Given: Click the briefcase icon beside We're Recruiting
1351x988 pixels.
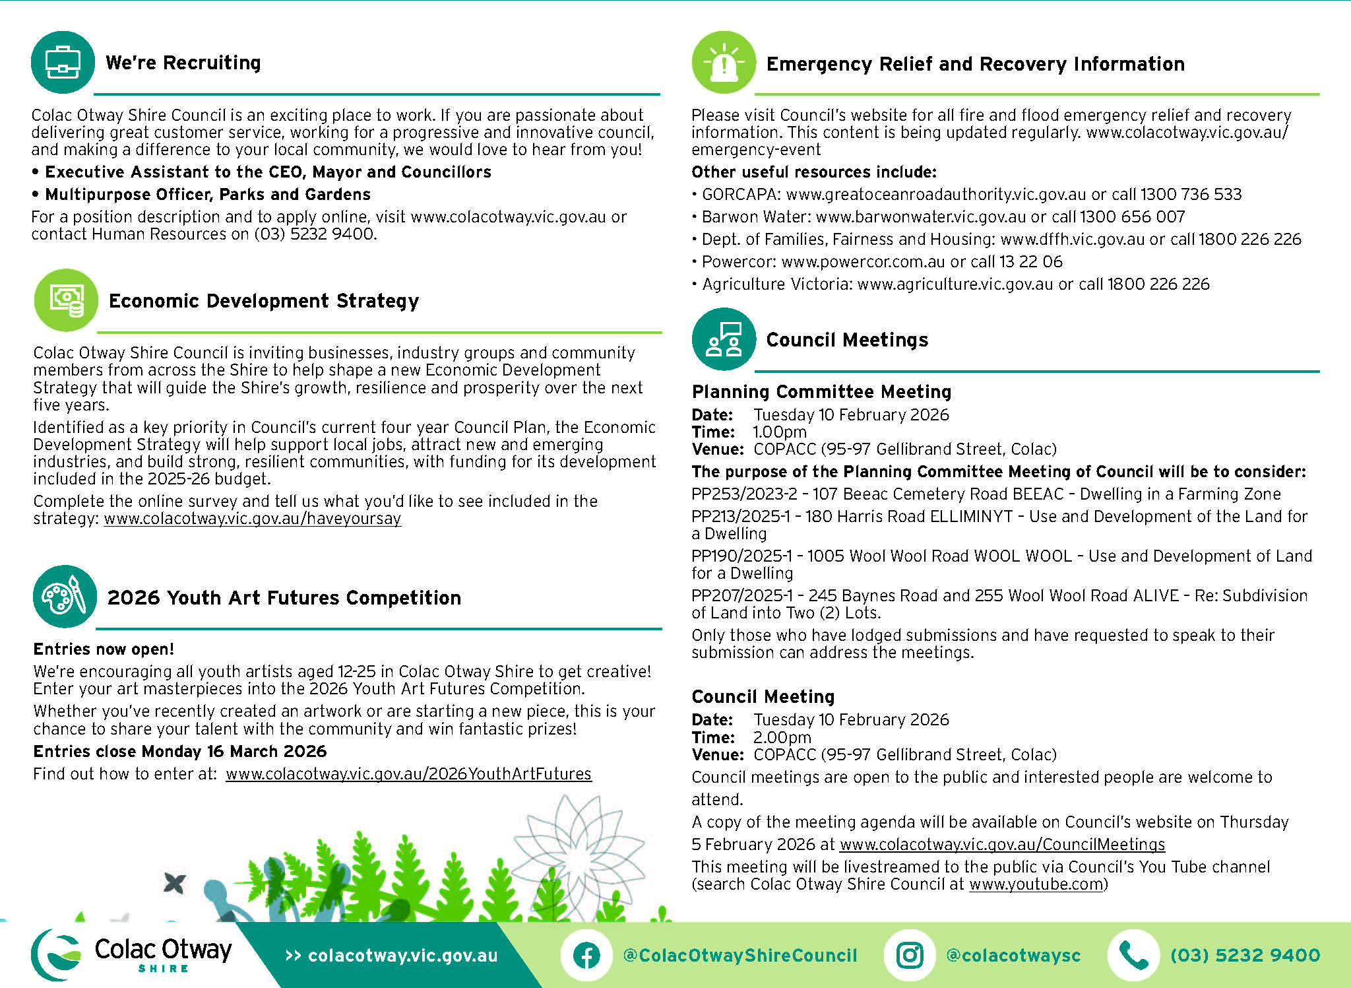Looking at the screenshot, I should pyautogui.click(x=63, y=62).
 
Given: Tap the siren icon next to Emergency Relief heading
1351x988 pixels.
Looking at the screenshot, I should pyautogui.click(x=724, y=63).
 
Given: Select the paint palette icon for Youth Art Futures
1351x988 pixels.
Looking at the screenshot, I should pyautogui.click(x=65, y=597).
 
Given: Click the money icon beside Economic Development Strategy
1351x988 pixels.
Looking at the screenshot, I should pyautogui.click(x=66, y=300).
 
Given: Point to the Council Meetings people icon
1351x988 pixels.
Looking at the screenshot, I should pyautogui.click(x=724, y=339).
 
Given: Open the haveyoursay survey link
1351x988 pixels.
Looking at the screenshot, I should pyautogui.click(x=253, y=519).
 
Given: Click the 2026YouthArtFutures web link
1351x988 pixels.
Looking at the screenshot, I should pyautogui.click(x=408, y=774).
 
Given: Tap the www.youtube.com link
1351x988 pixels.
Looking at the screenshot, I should pyautogui.click(x=1036, y=884).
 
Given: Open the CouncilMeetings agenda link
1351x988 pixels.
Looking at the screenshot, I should pyautogui.click(x=1002, y=845).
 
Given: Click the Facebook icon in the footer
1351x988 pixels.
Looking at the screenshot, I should pyautogui.click(x=586, y=955).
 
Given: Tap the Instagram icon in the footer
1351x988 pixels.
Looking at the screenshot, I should pyautogui.click(x=910, y=955).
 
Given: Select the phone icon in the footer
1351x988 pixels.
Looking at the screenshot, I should pyautogui.click(x=1133, y=955).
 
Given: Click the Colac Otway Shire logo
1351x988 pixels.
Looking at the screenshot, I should pyautogui.click(x=132, y=954).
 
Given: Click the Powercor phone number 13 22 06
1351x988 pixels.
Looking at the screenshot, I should pyautogui.click(x=1031, y=262).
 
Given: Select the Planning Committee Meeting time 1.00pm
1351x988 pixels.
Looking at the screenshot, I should pyautogui.click(x=780, y=432).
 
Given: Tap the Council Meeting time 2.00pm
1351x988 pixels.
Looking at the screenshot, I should pyautogui.click(x=782, y=737).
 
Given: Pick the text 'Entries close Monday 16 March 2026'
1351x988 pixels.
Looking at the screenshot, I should pyautogui.click(x=180, y=752).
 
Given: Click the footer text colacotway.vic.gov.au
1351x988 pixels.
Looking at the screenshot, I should pyautogui.click(x=402, y=956).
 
